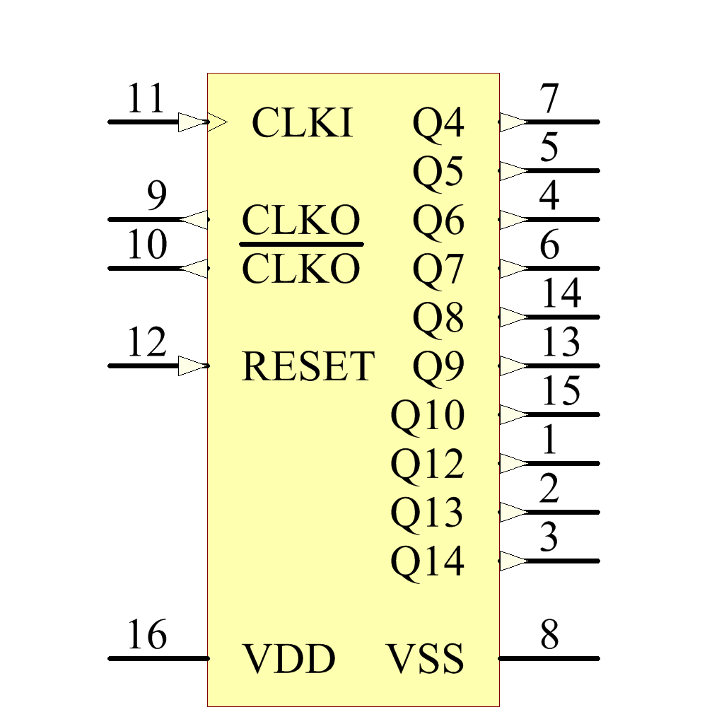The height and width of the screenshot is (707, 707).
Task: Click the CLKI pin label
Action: [302, 123]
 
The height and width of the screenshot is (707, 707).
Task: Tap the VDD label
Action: [289, 659]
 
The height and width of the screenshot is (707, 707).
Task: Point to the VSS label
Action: [425, 659]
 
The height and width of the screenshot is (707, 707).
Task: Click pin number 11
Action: [146, 100]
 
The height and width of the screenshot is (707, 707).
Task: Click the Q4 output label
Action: [438, 124]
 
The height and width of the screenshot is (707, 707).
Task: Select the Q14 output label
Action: [427, 563]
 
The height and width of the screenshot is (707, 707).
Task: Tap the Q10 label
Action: [427, 416]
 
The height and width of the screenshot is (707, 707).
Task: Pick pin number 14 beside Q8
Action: [561, 294]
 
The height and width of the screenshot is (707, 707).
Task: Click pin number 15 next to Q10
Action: [561, 392]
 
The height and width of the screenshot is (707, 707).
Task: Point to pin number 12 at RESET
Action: [146, 344]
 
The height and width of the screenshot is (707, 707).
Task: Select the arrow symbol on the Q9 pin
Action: [513, 366]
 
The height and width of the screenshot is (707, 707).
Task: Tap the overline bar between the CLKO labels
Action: [302, 244]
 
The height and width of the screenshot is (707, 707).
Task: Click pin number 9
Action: [156, 197]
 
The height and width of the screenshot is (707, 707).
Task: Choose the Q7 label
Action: [438, 269]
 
